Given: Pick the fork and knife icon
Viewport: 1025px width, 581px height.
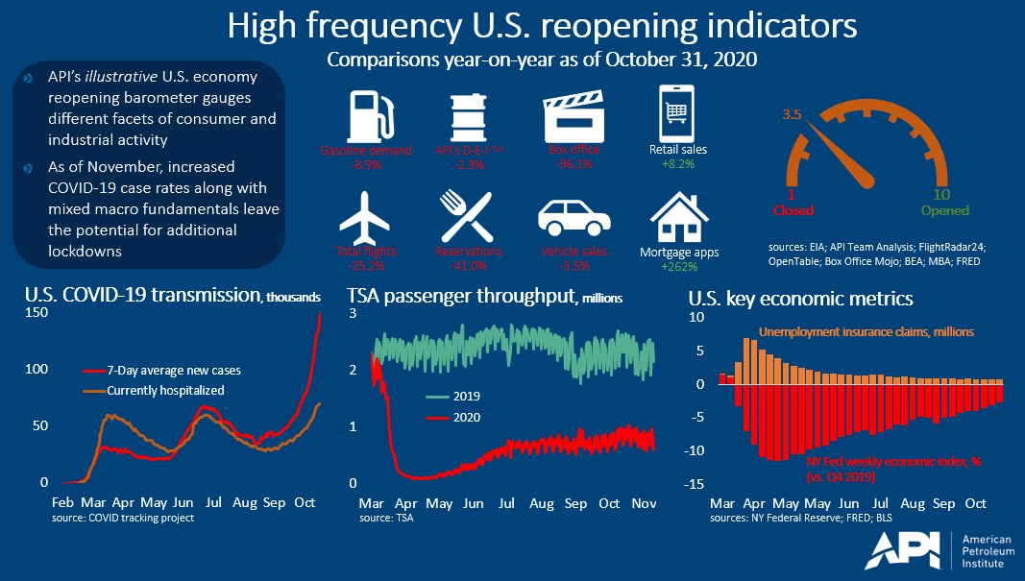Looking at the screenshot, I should pos(468,217).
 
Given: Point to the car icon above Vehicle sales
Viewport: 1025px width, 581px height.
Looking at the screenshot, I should pos(574,218).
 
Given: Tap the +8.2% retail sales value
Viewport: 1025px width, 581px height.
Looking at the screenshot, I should pos(679,164).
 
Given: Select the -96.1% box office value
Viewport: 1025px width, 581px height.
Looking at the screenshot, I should pos(574,164).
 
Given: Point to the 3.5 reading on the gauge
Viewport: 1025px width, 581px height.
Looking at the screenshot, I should pos(793,113).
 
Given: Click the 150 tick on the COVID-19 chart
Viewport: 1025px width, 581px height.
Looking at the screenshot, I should pos(36,314).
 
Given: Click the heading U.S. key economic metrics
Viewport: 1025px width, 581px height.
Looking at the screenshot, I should pos(801,299).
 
